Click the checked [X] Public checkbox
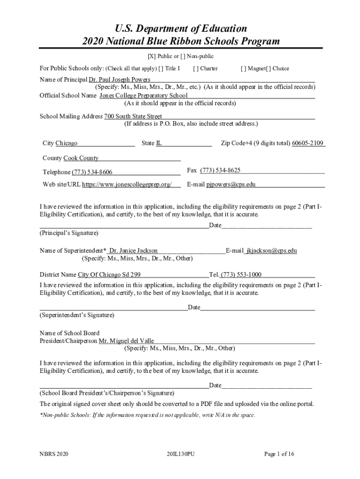coord(151,57)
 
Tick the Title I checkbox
coord(161,68)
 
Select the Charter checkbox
coord(195,68)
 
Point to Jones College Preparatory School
coord(144,95)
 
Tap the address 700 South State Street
coord(133,116)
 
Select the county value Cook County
coord(81,158)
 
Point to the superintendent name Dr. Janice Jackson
coord(133,251)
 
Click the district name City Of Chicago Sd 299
coord(109,275)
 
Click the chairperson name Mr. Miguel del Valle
coord(126,341)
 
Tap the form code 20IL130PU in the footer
coord(180,454)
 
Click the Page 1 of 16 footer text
coord(279,454)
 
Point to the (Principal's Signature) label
coord(69,233)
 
